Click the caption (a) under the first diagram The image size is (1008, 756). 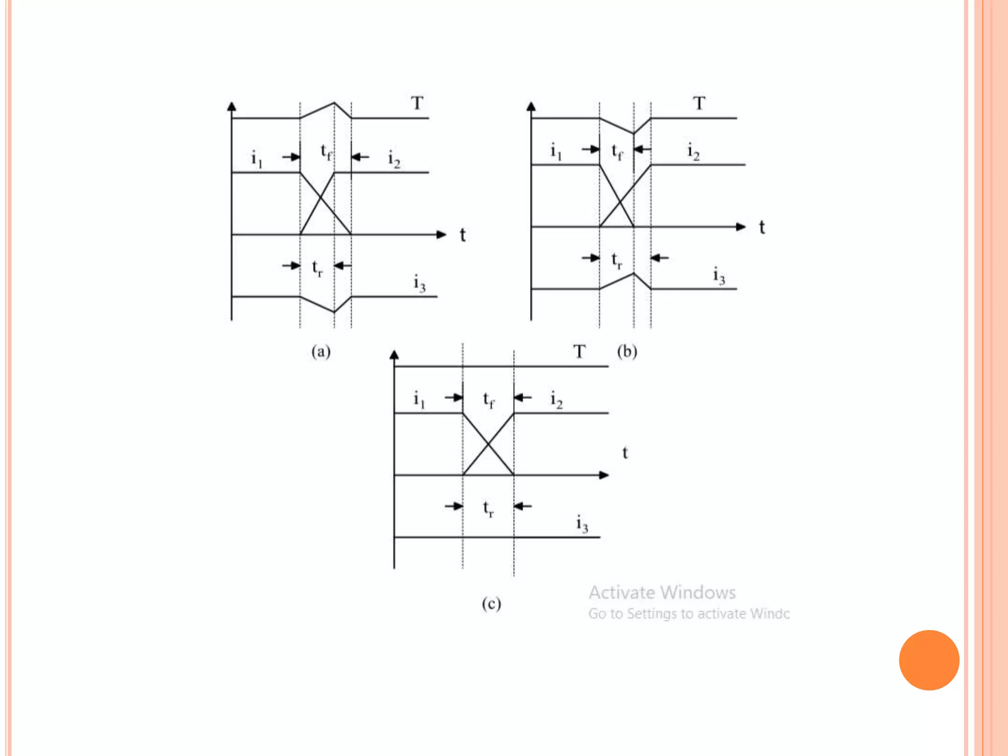[321, 351]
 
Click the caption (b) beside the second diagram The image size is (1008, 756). [627, 351]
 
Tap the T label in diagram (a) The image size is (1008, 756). [417, 103]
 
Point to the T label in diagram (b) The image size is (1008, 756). [699, 103]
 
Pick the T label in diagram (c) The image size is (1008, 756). [579, 352]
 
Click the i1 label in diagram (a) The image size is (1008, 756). [256, 158]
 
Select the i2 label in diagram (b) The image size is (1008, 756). [693, 151]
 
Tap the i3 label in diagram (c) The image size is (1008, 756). [582, 524]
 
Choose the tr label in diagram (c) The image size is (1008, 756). [488, 508]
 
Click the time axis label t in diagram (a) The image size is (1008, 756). [463, 235]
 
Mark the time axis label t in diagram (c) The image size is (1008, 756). [625, 453]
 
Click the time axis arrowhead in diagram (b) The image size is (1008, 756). [740, 227]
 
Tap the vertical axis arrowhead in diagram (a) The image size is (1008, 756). [232, 106]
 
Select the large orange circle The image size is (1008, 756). [929, 660]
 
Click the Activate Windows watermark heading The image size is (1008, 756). [662, 592]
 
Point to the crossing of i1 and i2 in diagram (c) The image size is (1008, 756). [488, 444]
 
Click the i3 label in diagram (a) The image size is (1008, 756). [419, 284]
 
